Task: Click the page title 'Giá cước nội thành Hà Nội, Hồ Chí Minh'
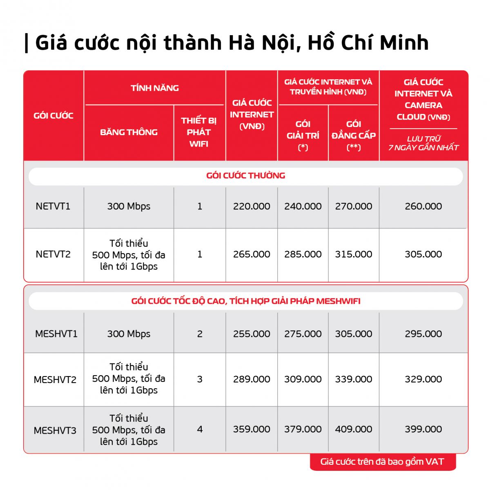coord(232,43)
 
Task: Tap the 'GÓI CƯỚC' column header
coord(53,116)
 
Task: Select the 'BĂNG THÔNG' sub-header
coord(129,132)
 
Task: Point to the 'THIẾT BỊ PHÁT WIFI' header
coord(199,132)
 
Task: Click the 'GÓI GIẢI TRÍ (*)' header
coord(303,135)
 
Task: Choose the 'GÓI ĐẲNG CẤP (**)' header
coord(354,135)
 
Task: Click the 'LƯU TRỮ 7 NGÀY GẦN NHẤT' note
coord(423,143)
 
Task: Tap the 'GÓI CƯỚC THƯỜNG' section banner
coord(245,176)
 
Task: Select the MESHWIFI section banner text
coord(245,301)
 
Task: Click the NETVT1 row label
coord(53,206)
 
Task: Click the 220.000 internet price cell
coord(252,206)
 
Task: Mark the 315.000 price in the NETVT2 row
coord(354,254)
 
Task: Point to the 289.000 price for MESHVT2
coord(252,379)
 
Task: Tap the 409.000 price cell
coord(354,429)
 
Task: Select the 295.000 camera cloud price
coord(423,334)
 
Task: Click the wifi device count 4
coord(200,429)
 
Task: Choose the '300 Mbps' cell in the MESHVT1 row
coord(129,334)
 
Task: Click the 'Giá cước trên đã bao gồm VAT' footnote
coord(382,462)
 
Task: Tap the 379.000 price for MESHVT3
coord(303,429)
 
